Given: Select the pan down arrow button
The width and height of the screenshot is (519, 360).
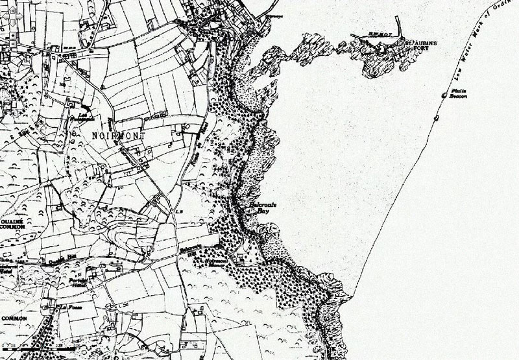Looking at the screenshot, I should coord(12,23).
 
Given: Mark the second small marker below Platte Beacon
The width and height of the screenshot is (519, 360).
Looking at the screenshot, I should coord(436,118).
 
